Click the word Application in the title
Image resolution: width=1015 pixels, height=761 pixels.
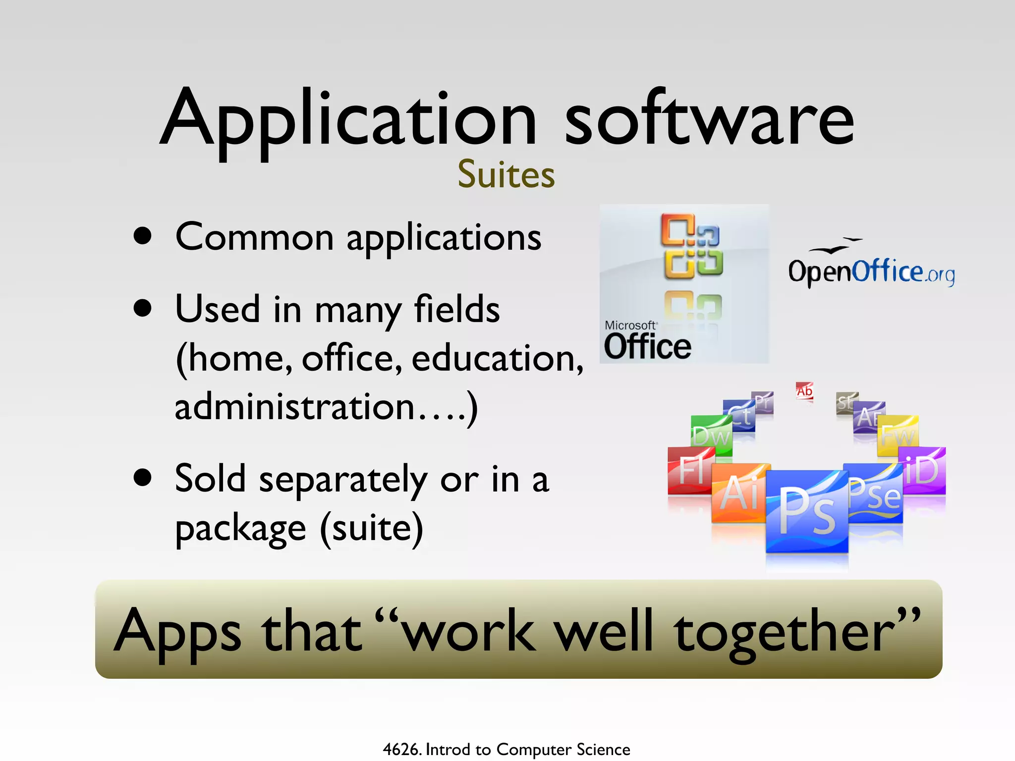[347, 121]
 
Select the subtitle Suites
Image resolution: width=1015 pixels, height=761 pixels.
[506, 175]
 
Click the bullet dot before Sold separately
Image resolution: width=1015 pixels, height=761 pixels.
[143, 478]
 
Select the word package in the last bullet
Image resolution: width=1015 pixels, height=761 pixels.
[241, 529]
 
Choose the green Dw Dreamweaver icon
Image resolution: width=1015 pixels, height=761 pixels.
[711, 435]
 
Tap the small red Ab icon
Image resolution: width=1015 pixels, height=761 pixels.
[804, 391]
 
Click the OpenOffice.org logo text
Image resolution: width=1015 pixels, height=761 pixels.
[871, 272]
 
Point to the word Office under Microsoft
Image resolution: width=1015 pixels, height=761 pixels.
[647, 346]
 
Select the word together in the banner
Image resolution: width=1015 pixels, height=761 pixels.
[796, 632]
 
